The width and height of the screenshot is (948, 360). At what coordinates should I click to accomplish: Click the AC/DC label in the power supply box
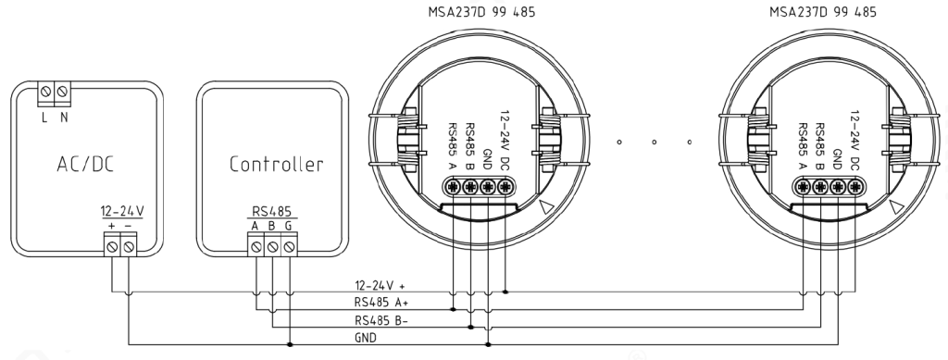pyautogui.click(x=86, y=165)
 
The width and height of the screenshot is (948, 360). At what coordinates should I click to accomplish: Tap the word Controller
pyautogui.click(x=276, y=165)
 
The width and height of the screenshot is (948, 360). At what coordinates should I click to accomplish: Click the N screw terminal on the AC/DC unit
pyautogui.click(x=62, y=93)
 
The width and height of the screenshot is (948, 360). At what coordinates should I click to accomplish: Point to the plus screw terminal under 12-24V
pyautogui.click(x=112, y=246)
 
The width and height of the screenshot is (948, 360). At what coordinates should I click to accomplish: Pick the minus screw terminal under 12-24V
pyautogui.click(x=128, y=246)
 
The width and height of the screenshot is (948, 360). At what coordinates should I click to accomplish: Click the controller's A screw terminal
pyautogui.click(x=256, y=246)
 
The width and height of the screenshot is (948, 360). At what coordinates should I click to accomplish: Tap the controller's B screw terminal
pyautogui.click(x=273, y=246)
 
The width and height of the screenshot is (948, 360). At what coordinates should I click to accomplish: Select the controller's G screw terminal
pyautogui.click(x=290, y=246)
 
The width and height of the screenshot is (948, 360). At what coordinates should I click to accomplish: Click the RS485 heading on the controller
pyautogui.click(x=271, y=212)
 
